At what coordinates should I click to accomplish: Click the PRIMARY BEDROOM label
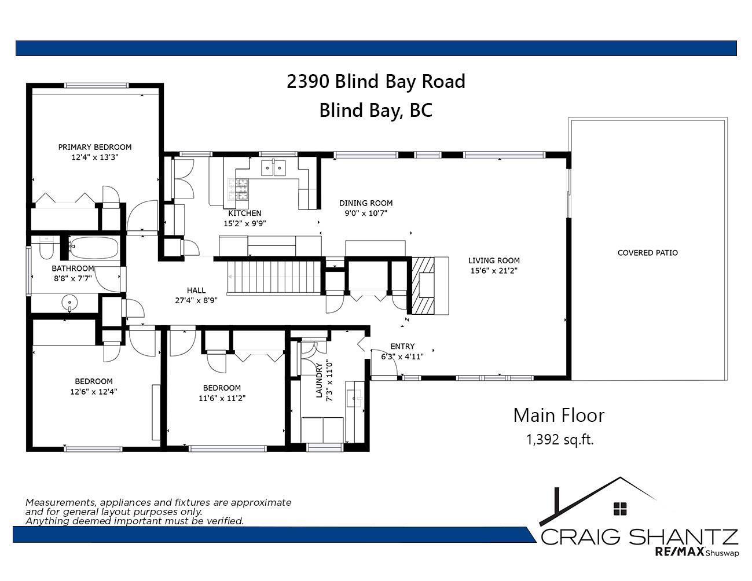click(95, 147)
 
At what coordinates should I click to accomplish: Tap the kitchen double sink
click(273, 168)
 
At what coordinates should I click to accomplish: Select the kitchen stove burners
click(238, 189)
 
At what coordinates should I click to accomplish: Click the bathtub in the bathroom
click(94, 248)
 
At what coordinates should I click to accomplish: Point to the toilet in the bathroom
click(46, 248)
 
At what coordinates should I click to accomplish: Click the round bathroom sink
click(69, 303)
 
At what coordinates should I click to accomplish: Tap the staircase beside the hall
click(274, 277)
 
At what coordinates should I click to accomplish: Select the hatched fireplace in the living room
click(423, 285)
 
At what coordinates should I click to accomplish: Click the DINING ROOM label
click(366, 203)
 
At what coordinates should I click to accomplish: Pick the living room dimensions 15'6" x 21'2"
click(494, 270)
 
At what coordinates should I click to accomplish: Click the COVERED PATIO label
click(647, 253)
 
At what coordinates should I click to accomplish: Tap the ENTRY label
click(402, 346)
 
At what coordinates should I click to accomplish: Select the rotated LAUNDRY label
click(319, 380)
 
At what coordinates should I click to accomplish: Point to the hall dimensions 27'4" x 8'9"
click(196, 300)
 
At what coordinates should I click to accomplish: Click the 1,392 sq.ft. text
click(560, 440)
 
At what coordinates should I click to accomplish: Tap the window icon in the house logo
click(620, 508)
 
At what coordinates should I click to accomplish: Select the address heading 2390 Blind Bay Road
click(376, 82)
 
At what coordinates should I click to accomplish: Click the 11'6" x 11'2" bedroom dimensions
click(222, 398)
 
